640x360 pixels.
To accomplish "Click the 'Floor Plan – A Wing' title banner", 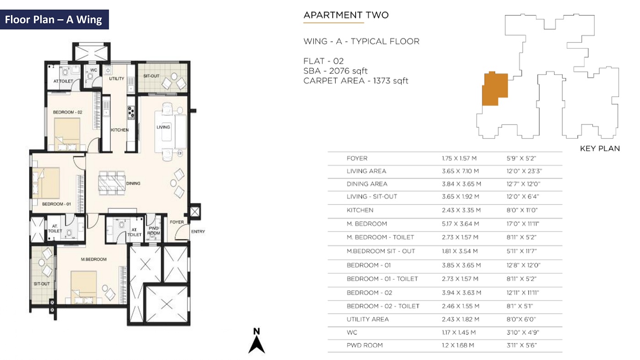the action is pos(54,20).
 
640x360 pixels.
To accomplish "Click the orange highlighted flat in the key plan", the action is pos(495,89).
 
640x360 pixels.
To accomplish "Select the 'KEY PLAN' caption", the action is pos(600,148).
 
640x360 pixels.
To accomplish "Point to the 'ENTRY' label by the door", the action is pos(198,231).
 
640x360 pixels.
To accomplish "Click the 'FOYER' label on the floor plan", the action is pos(177,222).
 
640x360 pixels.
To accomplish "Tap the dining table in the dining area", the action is pos(112,183).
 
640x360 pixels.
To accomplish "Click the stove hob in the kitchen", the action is pos(131,113).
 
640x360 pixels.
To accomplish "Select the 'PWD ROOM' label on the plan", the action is pos(154,231).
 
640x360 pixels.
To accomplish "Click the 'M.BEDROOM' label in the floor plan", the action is pos(94,259).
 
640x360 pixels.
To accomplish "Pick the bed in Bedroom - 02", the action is pos(67,134).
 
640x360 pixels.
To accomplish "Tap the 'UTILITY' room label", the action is pos(117,79).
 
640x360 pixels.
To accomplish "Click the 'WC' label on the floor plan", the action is pos(94,70).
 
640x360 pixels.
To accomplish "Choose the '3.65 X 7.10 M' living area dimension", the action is pos(460,171).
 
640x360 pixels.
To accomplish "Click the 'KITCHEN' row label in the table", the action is pos(360,210).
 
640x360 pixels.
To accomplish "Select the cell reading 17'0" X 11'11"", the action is pos(523,224).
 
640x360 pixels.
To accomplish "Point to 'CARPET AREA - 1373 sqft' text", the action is pos(356,81).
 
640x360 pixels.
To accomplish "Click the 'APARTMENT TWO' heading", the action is pos(346,15).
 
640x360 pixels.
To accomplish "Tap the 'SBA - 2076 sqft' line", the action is pos(336,71).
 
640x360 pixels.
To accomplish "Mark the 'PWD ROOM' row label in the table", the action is pos(365,345).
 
